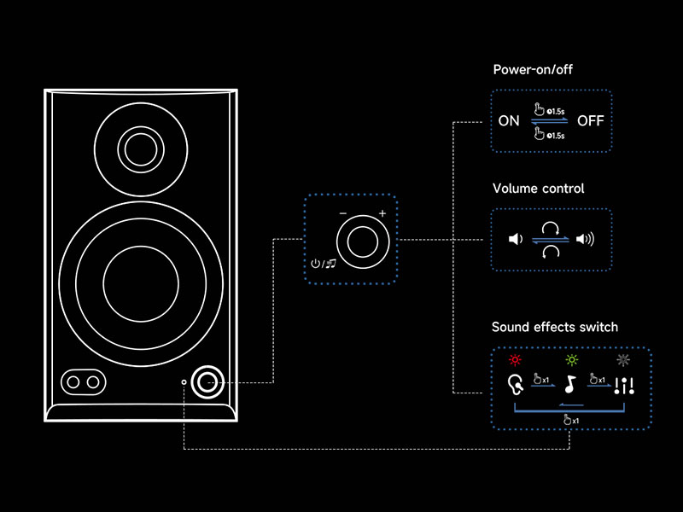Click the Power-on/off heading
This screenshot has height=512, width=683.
point(533,69)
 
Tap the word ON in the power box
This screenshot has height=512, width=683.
point(509,121)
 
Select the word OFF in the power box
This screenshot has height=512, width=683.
point(590,121)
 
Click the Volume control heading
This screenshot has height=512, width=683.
point(538,188)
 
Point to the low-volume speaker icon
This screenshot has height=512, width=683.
point(515,239)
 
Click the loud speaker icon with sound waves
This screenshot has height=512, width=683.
point(585,239)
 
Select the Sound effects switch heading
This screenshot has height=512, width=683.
point(554,327)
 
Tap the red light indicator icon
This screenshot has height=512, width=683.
point(515,360)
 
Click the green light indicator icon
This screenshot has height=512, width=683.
point(570,360)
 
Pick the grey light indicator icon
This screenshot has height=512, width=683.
point(624,360)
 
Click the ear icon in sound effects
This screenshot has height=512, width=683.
point(516,385)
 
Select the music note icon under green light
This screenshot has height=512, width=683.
point(570,385)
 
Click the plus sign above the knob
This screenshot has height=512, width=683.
point(382,213)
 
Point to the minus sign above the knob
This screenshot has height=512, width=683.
point(342,213)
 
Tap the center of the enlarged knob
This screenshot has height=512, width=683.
point(362,240)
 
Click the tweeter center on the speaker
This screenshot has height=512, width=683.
point(137,149)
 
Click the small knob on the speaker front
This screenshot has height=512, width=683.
point(207,382)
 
